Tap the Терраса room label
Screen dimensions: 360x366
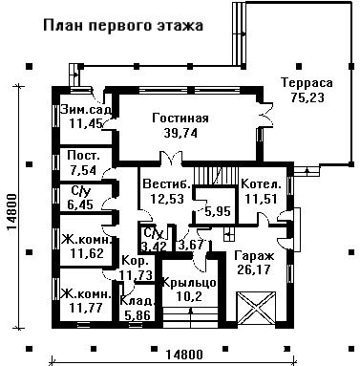[307, 83]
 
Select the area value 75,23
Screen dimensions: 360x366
[307, 97]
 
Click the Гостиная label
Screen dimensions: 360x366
[180, 118]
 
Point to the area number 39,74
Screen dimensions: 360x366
[180, 133]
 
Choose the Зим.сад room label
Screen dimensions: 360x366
[86, 109]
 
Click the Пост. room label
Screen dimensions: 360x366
[84, 156]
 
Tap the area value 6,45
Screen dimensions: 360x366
[80, 205]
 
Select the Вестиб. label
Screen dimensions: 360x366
[167, 184]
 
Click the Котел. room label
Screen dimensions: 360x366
[262, 184]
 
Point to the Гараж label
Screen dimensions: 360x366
[254, 255]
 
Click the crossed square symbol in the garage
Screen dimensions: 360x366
[256, 308]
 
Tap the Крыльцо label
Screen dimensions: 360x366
[190, 283]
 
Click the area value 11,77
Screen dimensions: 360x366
[86, 308]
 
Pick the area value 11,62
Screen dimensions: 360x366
[87, 254]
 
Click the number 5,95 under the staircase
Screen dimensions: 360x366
[218, 211]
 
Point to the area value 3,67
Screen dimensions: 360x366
[191, 245]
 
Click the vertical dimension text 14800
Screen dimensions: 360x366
[11, 211]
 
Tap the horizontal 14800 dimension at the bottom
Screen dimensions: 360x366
[184, 355]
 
